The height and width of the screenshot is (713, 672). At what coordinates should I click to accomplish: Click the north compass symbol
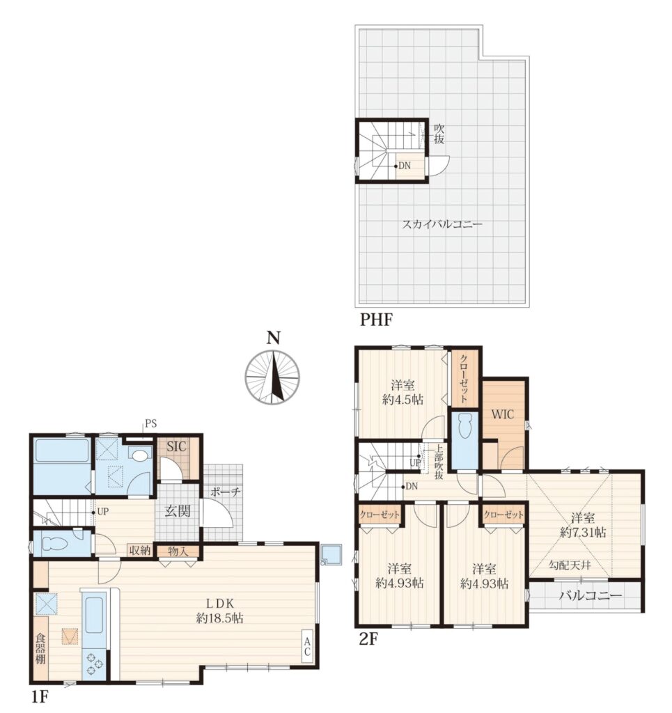272,377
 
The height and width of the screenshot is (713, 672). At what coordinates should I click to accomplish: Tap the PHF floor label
376,320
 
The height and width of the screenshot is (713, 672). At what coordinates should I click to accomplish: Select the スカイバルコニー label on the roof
442,224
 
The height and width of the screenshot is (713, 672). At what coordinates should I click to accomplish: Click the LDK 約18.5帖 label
220,611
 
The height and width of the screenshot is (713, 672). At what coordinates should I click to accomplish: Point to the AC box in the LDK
307,647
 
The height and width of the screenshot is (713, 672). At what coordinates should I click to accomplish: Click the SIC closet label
176,446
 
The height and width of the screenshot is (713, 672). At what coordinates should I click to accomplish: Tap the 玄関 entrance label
178,511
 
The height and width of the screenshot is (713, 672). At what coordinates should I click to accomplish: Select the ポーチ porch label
225,492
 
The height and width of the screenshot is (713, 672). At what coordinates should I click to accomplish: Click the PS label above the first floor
151,424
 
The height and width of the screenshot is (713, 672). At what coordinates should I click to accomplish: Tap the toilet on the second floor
464,425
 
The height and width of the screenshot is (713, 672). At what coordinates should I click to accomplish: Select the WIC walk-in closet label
503,414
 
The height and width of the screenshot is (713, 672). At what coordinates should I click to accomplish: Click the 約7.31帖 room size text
583,532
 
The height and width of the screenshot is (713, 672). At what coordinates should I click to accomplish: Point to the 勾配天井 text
569,565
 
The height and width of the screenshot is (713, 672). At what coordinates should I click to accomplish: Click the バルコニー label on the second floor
590,595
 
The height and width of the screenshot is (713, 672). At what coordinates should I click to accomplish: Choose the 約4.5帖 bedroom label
403,400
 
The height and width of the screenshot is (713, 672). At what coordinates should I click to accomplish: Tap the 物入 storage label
178,551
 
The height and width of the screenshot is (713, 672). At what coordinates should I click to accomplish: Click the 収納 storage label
139,550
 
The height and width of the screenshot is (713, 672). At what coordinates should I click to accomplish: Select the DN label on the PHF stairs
405,166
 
